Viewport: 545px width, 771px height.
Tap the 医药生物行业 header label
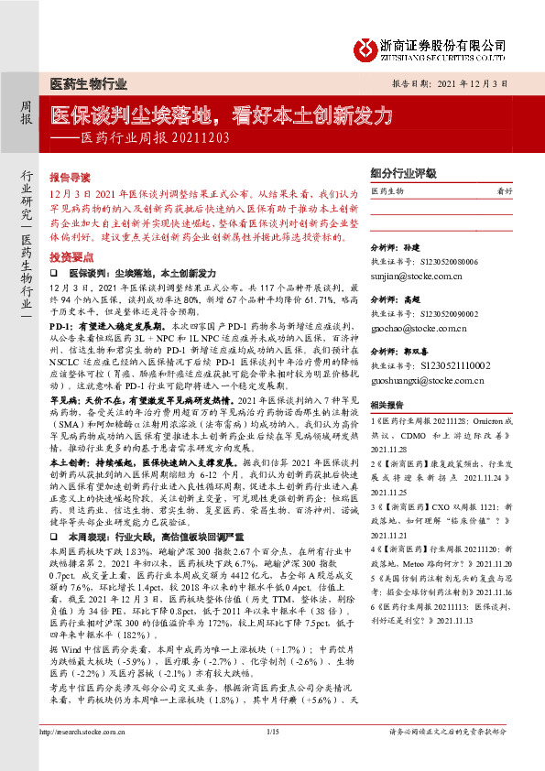[88, 84]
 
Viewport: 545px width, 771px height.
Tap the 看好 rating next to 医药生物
[503, 190]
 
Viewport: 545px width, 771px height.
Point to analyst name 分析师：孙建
[395, 248]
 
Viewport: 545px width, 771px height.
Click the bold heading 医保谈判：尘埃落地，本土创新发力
[143, 274]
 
